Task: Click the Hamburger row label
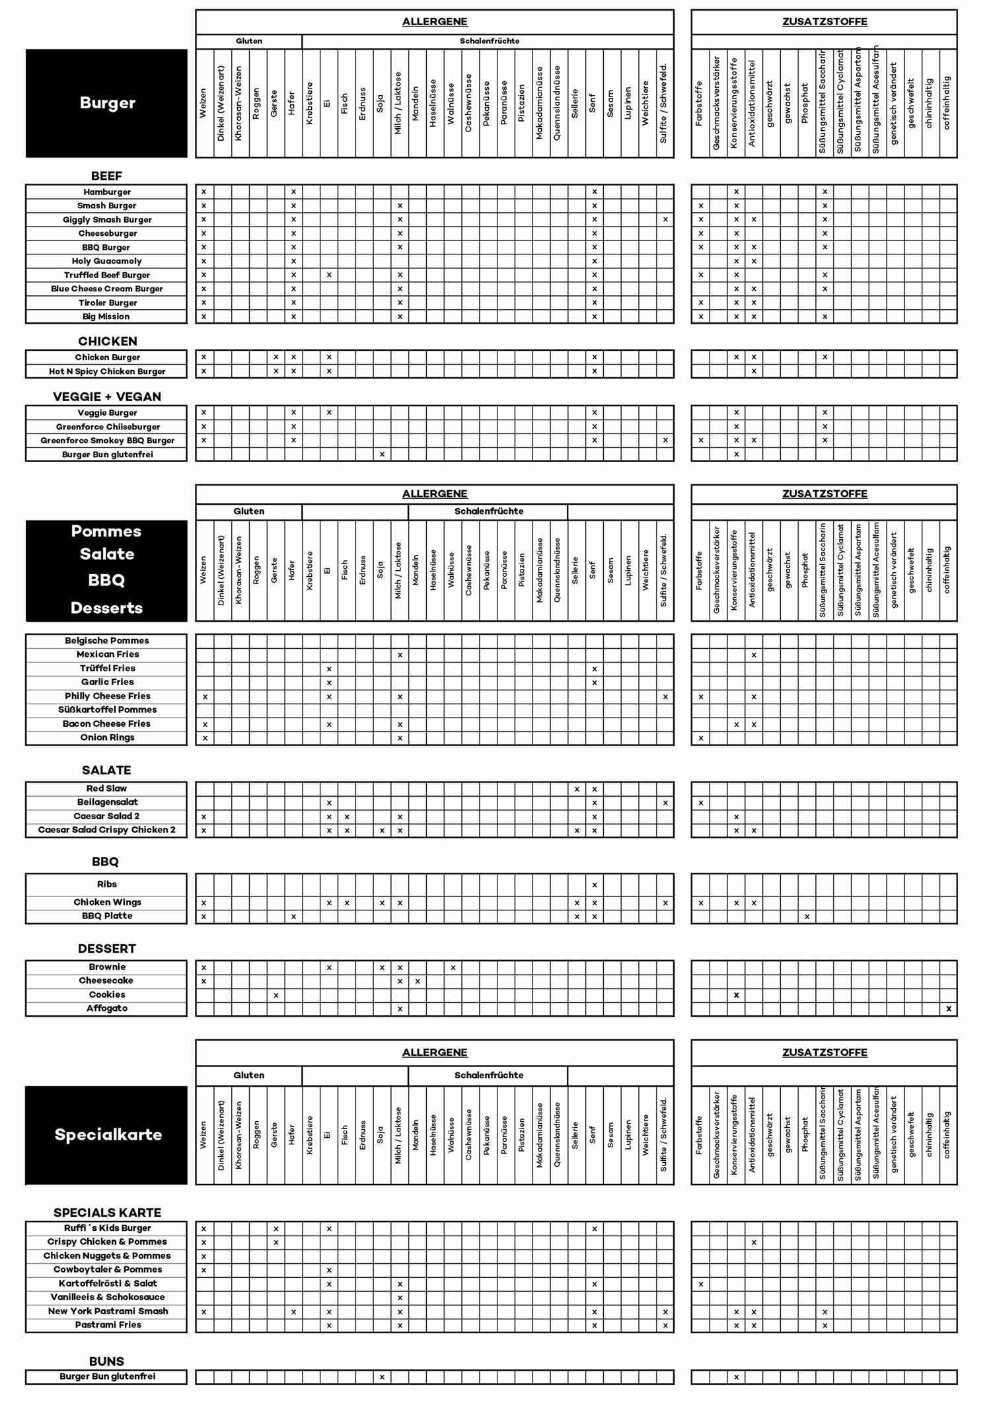[107, 192]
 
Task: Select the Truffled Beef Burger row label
[107, 275]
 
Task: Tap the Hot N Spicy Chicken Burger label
[107, 371]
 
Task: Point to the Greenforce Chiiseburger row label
[107, 427]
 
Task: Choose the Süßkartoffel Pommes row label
[107, 710]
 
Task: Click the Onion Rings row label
[107, 737]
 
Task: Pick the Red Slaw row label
[106, 788]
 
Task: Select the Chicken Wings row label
[107, 902]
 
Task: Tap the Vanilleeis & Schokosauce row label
[107, 1297]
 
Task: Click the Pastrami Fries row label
[108, 1325]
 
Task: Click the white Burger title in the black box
[107, 102]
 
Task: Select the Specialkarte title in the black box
[108, 1134]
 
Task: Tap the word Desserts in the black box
[106, 608]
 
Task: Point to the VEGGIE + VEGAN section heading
[107, 396]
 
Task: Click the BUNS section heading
[106, 1361]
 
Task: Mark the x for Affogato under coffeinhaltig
[949, 1009]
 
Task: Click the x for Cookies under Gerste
[276, 995]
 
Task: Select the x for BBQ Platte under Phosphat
[807, 916]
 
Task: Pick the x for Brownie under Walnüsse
[453, 967]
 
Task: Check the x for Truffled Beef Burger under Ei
[329, 275]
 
